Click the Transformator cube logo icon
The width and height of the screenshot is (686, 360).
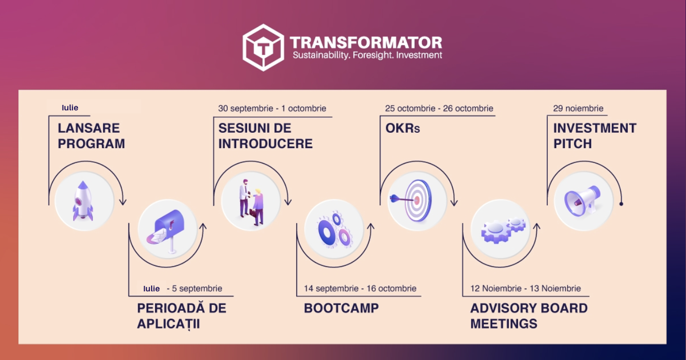pos(263,47)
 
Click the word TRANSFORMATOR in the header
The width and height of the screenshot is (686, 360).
pos(366,42)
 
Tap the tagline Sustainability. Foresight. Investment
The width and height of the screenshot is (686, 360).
pos(367,55)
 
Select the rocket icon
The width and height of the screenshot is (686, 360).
pos(84,201)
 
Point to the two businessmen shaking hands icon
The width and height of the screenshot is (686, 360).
pos(251,201)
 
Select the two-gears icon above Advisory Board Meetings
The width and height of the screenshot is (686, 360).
pos(501,229)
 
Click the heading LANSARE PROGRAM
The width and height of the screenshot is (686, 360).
pos(91,136)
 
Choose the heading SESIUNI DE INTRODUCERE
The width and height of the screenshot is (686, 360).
pos(265,136)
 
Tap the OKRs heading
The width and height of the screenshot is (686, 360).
pos(403,128)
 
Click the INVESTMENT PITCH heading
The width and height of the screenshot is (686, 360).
pos(595,136)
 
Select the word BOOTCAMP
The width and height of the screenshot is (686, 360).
pos(341,308)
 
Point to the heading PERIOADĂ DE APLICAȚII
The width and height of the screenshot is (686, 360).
pos(181,316)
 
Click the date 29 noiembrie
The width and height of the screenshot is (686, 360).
pos(578,108)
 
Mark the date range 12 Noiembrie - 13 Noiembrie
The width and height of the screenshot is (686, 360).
pos(525,288)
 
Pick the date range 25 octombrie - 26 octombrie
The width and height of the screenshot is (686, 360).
pos(439,108)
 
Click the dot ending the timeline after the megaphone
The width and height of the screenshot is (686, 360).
pos(621,204)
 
